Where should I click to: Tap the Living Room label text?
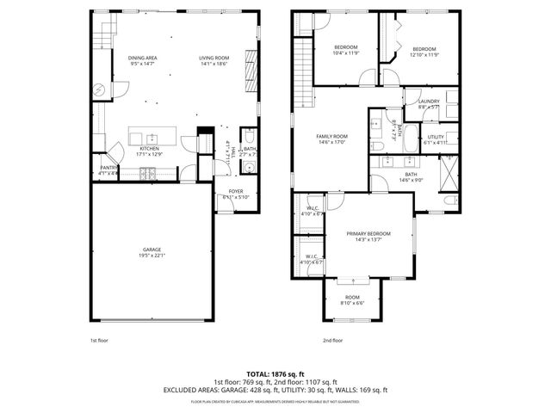point(213,58)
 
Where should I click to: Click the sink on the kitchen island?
point(151,138)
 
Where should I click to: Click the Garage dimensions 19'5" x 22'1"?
point(151,256)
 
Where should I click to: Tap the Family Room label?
point(331,136)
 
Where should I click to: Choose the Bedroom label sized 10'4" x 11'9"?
point(345,47)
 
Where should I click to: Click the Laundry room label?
point(429,102)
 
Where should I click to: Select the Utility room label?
point(435,137)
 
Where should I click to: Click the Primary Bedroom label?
point(368,233)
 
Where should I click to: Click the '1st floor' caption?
point(100,340)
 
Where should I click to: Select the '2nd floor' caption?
point(332,340)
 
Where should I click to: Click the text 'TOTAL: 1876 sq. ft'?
point(275,374)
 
